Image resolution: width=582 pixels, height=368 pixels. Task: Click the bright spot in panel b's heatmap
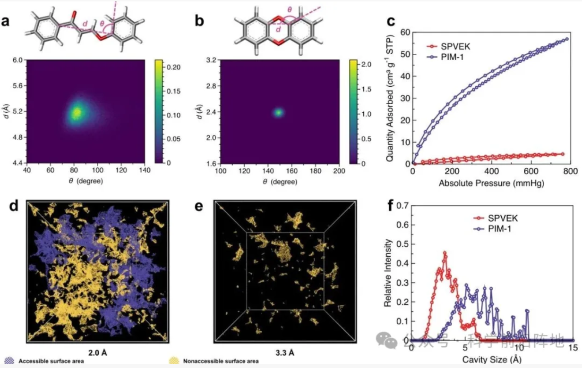tap(279, 112)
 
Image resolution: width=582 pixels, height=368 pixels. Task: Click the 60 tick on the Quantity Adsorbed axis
tap(403, 32)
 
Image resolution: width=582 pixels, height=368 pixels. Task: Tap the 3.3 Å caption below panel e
tap(285, 352)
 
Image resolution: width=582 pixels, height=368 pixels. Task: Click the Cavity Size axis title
tap(492, 360)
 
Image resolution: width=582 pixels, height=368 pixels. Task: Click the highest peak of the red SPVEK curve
tap(445, 253)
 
